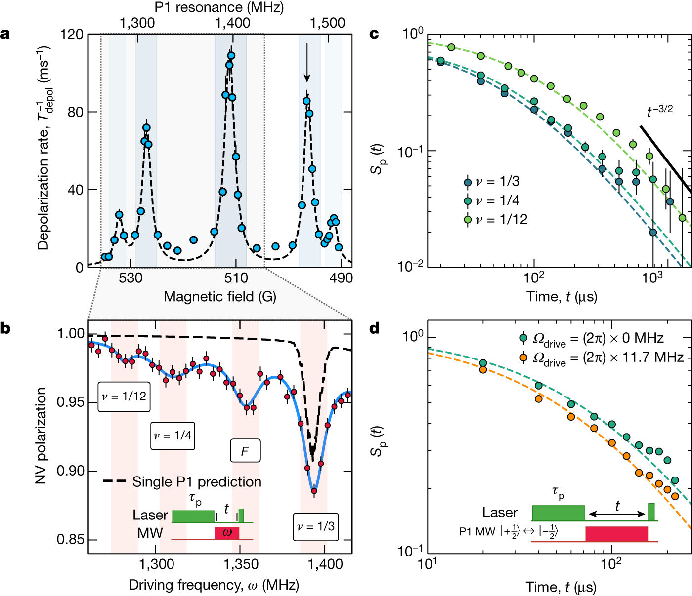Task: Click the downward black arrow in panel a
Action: (x=307, y=62)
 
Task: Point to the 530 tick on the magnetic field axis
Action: (x=130, y=278)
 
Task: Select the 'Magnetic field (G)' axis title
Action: (x=220, y=296)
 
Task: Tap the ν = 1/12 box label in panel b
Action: (x=124, y=396)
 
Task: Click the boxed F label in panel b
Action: (x=245, y=451)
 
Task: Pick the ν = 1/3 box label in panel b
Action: (x=315, y=527)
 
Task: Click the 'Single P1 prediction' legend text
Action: (x=197, y=482)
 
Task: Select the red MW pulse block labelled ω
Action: (x=227, y=533)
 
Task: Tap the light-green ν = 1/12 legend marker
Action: (x=468, y=220)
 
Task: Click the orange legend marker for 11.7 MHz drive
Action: (x=523, y=357)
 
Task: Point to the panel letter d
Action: (x=375, y=328)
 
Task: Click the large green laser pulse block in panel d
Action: (x=559, y=513)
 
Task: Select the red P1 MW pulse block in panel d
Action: (x=616, y=534)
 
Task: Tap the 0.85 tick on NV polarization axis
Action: (x=70, y=539)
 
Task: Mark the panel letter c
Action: (x=374, y=34)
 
